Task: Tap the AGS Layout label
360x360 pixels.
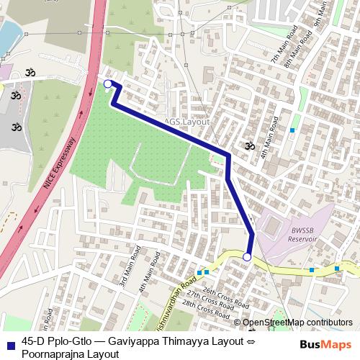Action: pyautogui.click(x=186, y=122)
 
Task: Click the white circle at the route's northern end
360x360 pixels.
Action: pyautogui.click(x=108, y=84)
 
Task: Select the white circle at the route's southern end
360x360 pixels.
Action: pyautogui.click(x=247, y=257)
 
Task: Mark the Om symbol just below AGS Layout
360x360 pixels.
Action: pyautogui.click(x=248, y=145)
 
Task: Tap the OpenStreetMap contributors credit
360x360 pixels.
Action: pyautogui.click(x=297, y=323)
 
